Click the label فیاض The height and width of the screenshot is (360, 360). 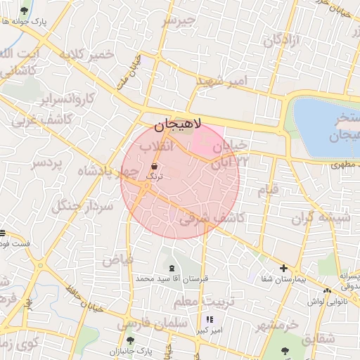tap(117, 259)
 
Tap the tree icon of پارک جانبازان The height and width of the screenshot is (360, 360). tap(129, 340)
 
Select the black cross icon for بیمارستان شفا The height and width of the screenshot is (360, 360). tap(283, 268)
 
